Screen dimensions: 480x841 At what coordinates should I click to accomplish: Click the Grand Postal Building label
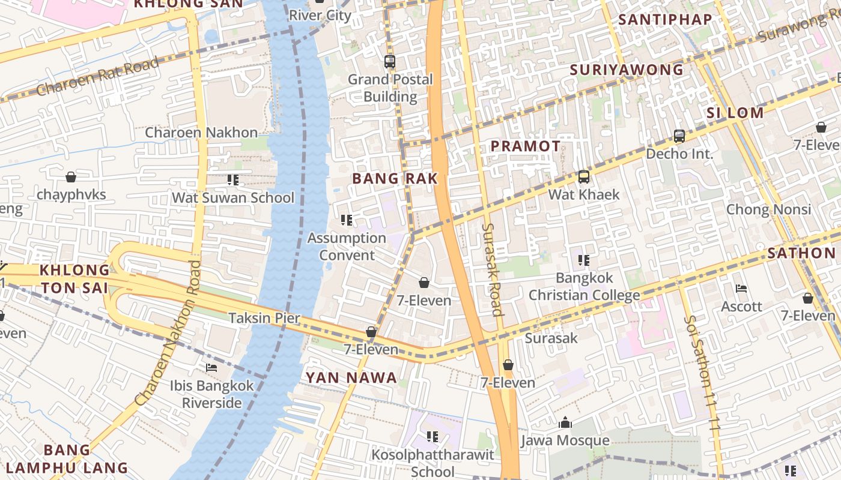coord(390,88)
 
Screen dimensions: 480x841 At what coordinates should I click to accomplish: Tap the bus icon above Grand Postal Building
coord(390,61)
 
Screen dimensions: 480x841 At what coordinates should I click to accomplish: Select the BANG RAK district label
coord(395,178)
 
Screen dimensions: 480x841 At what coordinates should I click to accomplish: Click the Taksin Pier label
coord(264,318)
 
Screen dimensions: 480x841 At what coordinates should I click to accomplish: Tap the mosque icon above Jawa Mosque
coord(565,423)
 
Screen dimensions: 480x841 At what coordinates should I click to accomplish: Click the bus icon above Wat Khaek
coord(583,177)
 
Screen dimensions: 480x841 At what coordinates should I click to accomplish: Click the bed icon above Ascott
coord(741,289)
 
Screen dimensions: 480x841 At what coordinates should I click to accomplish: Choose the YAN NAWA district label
coord(351,377)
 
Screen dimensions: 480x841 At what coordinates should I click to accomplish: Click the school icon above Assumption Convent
coord(346,220)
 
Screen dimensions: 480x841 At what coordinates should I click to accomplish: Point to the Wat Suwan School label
coord(233,197)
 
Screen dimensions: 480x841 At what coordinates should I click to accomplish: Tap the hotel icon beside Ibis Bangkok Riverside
coord(211,368)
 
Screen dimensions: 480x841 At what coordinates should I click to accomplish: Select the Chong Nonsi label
coord(768,209)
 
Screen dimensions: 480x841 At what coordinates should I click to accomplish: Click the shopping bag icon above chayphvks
coord(71,177)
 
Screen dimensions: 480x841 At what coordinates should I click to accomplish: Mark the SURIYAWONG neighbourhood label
coord(626,70)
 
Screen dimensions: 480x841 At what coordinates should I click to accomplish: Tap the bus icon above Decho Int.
coord(679,136)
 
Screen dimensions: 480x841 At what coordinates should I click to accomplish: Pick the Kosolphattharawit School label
coord(433,463)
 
